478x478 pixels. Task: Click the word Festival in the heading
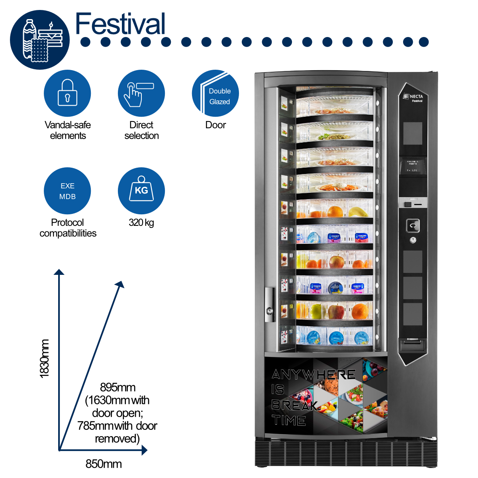[120, 24]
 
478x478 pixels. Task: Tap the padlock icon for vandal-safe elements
[67, 93]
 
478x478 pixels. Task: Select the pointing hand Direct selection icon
[141, 93]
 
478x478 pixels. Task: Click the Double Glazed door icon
[215, 93]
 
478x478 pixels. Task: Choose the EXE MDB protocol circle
[67, 191]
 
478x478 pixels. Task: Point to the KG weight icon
[141, 191]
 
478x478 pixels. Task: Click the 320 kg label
[141, 222]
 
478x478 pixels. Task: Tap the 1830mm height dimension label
[44, 358]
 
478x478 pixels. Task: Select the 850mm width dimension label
[104, 464]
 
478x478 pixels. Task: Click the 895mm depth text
[118, 387]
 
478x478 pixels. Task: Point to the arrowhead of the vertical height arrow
[59, 272]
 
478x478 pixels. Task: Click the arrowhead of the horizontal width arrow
[145, 451]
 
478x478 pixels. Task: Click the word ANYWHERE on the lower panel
[313, 374]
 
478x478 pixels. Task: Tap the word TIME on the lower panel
[289, 421]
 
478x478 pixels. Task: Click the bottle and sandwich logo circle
[40, 40]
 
